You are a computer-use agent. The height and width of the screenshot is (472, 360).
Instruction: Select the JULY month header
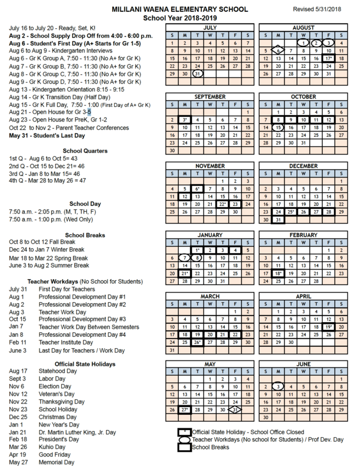[211, 27]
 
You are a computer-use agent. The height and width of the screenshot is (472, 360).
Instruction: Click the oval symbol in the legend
[185, 440]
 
